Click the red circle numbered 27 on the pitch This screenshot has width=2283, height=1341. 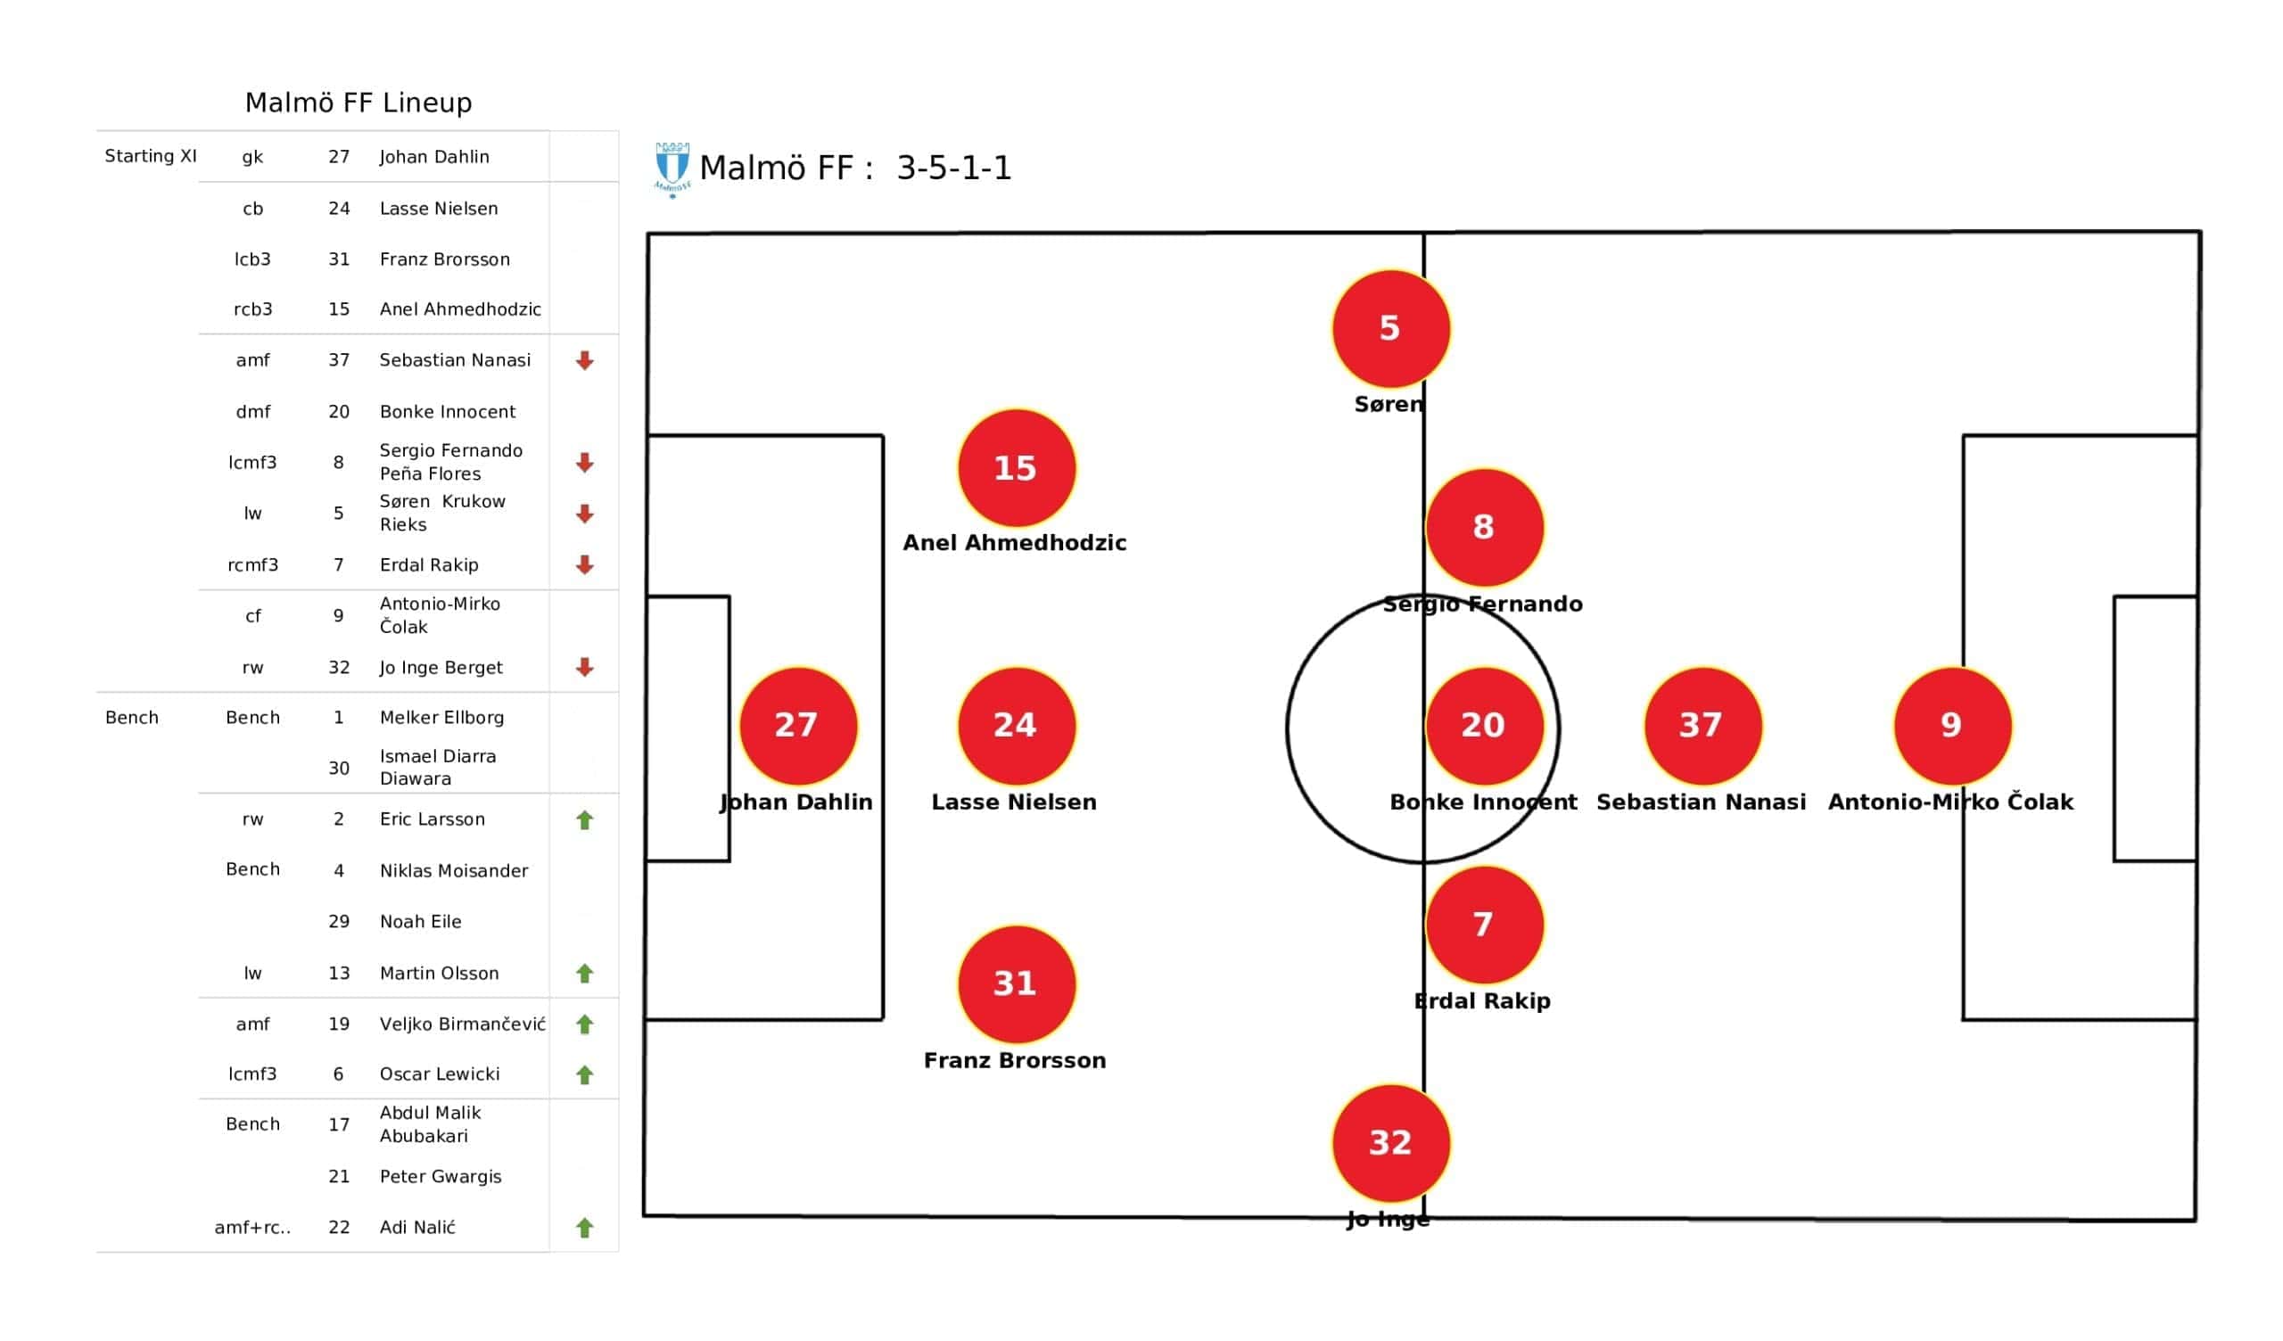click(798, 726)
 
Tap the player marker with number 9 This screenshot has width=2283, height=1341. click(1952, 726)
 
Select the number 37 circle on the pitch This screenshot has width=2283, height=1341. click(1702, 726)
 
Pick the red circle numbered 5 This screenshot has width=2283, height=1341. click(1390, 329)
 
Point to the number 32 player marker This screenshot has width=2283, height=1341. click(1390, 1143)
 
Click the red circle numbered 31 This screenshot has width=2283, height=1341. click(1017, 984)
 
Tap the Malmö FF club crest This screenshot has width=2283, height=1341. click(672, 169)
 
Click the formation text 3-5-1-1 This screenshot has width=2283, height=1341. click(954, 168)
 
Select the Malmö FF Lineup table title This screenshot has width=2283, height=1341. click(359, 103)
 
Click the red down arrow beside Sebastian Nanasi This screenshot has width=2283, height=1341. click(584, 360)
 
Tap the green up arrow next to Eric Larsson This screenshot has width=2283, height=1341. click(584, 820)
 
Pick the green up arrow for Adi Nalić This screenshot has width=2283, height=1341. click(584, 1228)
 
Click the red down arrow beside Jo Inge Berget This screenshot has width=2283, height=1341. click(584, 668)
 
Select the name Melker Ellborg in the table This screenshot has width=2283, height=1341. click(442, 718)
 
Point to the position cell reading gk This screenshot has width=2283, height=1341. click(252, 158)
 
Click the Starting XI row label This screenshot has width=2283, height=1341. click(151, 156)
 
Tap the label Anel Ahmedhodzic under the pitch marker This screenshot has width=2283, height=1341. click(1015, 543)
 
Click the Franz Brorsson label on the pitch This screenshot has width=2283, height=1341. click(1015, 1060)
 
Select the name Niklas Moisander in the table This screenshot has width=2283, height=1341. click(454, 871)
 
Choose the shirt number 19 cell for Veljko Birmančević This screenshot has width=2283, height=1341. click(339, 1024)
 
